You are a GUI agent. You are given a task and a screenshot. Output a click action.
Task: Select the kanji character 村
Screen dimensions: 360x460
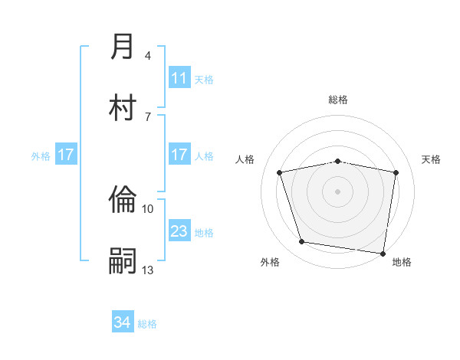pyautogui.click(x=123, y=106)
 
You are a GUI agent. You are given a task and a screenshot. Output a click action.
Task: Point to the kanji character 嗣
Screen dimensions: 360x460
pyautogui.click(x=123, y=260)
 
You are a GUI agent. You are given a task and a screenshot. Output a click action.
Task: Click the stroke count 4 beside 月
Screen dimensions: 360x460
pyautogui.click(x=148, y=56)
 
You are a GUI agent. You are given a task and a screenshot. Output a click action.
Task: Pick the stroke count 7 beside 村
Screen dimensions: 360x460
pyautogui.click(x=148, y=116)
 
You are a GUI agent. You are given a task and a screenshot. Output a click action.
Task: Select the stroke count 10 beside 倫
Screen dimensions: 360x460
pyautogui.click(x=148, y=208)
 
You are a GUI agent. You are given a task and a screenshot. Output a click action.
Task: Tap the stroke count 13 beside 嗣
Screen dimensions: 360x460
pyautogui.click(x=148, y=270)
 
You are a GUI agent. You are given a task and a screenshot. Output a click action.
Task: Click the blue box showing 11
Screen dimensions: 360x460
pyautogui.click(x=179, y=78)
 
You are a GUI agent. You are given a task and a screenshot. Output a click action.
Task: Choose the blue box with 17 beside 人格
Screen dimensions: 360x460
pyautogui.click(x=179, y=155)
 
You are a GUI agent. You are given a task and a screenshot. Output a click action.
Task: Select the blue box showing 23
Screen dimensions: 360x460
pyautogui.click(x=179, y=231)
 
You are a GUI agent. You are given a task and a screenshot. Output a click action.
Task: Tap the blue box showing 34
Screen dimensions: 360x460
pyautogui.click(x=123, y=322)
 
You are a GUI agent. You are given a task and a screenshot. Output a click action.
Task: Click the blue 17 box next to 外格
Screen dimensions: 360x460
pyautogui.click(x=66, y=155)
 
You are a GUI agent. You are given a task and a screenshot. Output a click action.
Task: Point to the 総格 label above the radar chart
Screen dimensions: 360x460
pyautogui.click(x=338, y=100)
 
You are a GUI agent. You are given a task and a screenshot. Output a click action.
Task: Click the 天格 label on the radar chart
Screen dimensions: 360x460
pyautogui.click(x=432, y=159)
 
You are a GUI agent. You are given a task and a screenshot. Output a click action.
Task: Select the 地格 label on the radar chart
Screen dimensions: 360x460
pyautogui.click(x=402, y=262)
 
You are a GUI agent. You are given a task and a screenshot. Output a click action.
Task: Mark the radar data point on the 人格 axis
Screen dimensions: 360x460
pyautogui.click(x=280, y=172)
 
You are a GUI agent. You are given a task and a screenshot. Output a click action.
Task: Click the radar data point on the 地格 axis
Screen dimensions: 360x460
pyautogui.click(x=383, y=253)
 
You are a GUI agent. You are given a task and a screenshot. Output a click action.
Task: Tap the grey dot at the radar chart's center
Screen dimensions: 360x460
pyautogui.click(x=338, y=191)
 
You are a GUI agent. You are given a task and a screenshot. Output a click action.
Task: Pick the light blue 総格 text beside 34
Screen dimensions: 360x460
pyautogui.click(x=147, y=324)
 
